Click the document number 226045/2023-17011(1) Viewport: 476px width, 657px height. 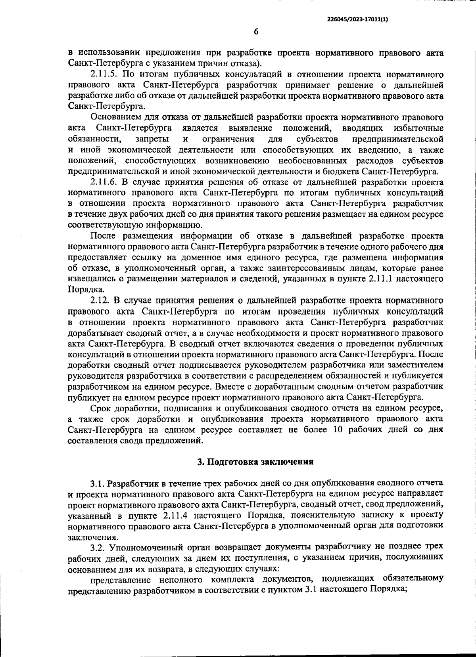point(357,18)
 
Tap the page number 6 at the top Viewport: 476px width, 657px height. point(256,31)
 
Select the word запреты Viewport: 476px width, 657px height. point(151,139)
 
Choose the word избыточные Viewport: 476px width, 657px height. point(418,128)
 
